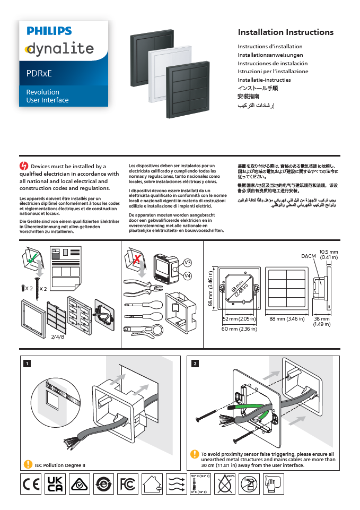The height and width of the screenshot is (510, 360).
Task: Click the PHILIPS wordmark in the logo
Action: coord(49,31)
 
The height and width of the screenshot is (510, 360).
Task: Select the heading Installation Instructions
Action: coord(285,32)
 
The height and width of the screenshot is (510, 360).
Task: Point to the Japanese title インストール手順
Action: coord(258,88)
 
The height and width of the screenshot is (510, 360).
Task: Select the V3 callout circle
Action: coord(187,263)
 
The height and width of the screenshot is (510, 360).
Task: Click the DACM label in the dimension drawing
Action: coord(308,256)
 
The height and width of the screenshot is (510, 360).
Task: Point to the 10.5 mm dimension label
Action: coord(328,252)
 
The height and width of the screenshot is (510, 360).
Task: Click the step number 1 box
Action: coord(27,364)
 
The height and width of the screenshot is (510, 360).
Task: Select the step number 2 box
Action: coord(195,364)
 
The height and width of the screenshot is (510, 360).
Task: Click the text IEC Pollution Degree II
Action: coord(60,465)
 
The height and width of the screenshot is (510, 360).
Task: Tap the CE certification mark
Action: coord(30,484)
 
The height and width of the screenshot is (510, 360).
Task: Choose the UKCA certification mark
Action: coord(55,484)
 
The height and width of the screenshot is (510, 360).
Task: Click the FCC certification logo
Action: coord(127,484)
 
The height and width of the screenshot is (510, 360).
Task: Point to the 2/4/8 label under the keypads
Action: coord(58,336)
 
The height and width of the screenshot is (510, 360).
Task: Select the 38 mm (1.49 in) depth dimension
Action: coord(321,322)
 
